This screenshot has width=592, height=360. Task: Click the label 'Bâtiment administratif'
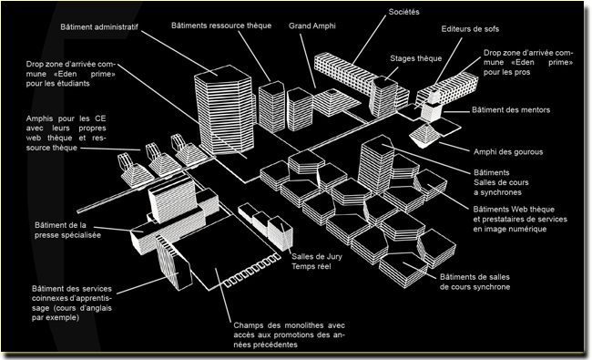tap(99, 27)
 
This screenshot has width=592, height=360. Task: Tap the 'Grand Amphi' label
tap(312, 26)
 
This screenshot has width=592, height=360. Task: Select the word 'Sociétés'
tap(404, 12)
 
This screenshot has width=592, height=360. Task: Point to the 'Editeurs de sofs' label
tap(470, 29)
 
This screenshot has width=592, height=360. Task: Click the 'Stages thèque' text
tap(415, 58)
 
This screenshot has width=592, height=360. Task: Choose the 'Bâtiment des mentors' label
tap(511, 110)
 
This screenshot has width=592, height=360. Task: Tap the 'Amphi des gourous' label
tap(508, 152)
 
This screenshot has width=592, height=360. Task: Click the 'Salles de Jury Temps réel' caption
tap(317, 262)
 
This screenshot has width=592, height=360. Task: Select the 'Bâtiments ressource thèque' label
tap(221, 26)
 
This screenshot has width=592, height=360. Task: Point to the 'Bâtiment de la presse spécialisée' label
tap(68, 230)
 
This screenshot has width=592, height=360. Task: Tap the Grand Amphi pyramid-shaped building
tap(337, 101)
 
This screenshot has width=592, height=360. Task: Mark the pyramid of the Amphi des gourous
tap(424, 135)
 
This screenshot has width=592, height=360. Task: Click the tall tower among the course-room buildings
tap(375, 164)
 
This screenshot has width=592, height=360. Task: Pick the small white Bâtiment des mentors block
tap(431, 109)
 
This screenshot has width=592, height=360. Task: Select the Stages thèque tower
tap(383, 98)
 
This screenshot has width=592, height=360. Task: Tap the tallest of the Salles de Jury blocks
tap(281, 233)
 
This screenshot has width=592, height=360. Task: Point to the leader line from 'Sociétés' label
tap(370, 40)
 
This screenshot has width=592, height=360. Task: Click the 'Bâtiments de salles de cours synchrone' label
tap(475, 282)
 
